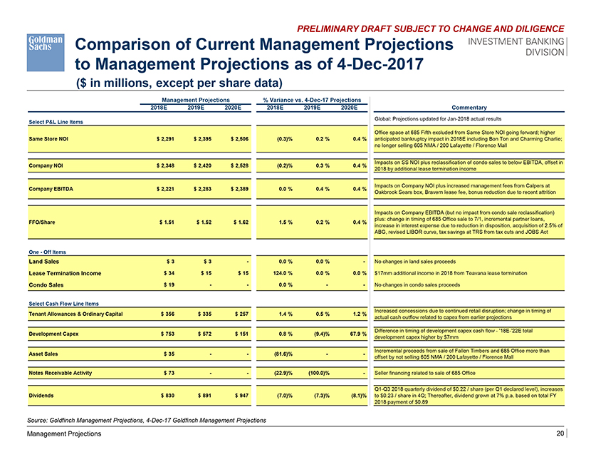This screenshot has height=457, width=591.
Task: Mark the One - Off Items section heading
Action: (47, 252)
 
